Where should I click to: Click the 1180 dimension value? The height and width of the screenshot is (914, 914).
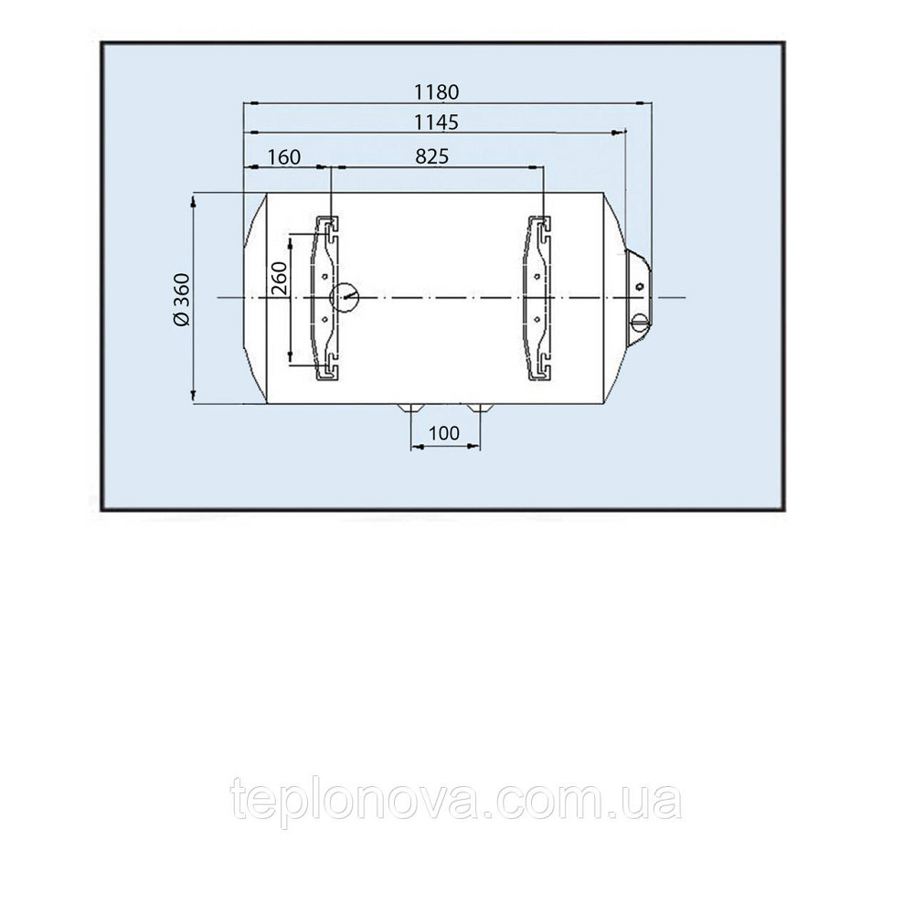tap(436, 92)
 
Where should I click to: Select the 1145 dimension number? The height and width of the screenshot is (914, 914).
tap(436, 122)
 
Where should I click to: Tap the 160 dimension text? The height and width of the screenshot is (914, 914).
tap(284, 157)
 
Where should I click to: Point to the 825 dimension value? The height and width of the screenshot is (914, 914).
tap(432, 157)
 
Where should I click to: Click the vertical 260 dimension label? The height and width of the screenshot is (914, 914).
tap(280, 278)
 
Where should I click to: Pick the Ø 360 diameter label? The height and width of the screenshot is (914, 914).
tap(182, 299)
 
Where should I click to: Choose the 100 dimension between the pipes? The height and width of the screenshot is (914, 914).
tap(444, 433)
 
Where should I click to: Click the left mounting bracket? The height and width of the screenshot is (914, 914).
tap(327, 299)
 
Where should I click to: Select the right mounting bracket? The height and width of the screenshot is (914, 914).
tap(539, 299)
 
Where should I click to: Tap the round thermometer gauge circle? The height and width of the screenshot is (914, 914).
tap(345, 298)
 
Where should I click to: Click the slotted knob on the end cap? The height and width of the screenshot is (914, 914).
tap(640, 320)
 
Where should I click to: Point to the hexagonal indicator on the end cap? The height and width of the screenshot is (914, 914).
tap(640, 286)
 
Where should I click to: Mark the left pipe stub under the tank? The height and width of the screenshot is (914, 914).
tap(410, 407)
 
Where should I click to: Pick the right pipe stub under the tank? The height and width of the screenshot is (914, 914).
tap(480, 407)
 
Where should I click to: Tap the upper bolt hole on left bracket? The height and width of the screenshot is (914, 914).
tap(324, 276)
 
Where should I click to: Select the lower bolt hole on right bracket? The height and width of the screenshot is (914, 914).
tap(537, 319)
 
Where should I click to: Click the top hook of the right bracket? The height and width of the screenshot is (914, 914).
tap(541, 228)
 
